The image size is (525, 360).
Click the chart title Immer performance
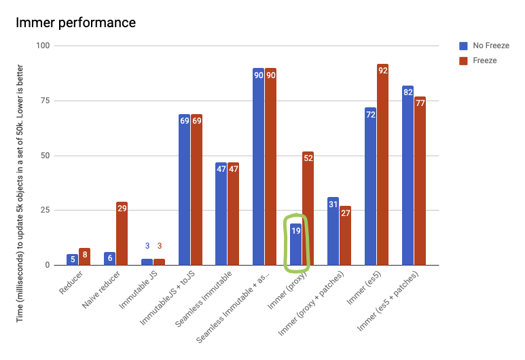coord(75,22)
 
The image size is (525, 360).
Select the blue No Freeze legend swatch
coord(464,46)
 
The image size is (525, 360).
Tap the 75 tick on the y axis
coord(44,101)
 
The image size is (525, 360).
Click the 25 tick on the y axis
coord(44,210)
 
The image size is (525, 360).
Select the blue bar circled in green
coord(295,244)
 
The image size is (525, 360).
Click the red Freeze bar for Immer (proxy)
coord(308,208)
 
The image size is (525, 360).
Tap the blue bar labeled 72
coord(370,186)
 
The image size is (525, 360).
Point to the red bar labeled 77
coord(420,181)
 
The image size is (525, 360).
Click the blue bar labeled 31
coord(333,231)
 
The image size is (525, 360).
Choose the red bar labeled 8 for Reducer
coord(84,256)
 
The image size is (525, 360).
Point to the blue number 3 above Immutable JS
coord(147,246)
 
